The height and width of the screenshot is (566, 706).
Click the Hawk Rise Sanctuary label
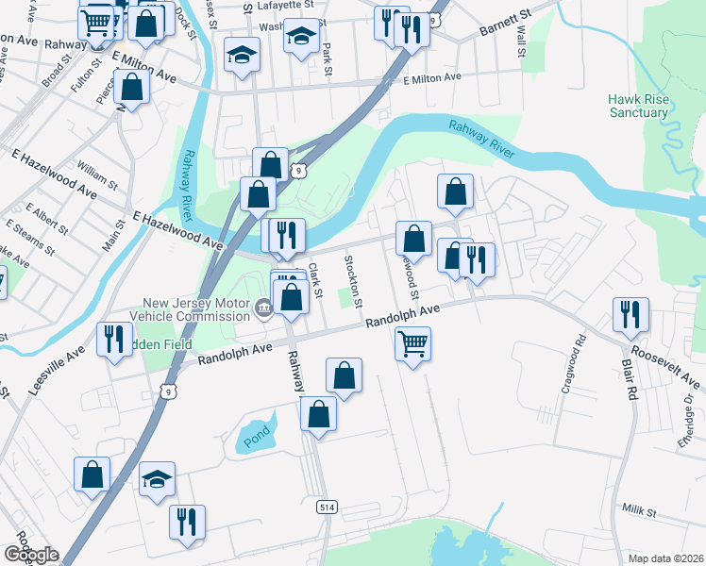click(638, 105)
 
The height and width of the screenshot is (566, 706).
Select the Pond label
click(256, 435)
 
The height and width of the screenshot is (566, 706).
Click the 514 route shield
click(327, 507)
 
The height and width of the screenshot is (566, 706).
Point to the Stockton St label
click(353, 281)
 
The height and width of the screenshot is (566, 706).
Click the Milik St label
click(639, 510)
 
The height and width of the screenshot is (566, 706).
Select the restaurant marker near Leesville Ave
click(114, 340)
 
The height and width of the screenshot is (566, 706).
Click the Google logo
click(31, 555)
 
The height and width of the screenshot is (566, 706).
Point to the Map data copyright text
click(666, 558)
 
